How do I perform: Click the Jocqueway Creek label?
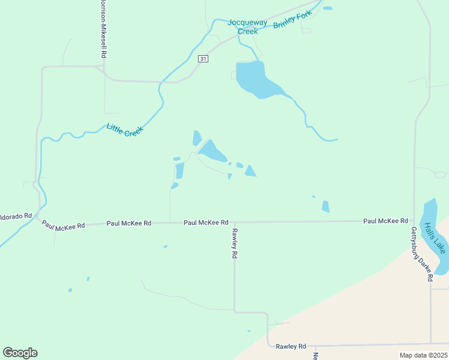click(243, 27)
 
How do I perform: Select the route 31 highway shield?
click(203, 59)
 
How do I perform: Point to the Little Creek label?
click(125, 130)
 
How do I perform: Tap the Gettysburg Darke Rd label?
click(422, 254)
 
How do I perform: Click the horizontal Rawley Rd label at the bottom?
click(291, 346)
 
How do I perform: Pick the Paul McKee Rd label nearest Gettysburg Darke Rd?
click(385, 221)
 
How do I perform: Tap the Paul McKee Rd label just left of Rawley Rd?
click(206, 222)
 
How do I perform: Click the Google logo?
click(20, 353)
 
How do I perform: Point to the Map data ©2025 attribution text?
click(423, 355)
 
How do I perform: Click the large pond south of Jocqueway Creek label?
click(256, 80)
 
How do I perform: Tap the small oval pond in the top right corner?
click(328, 8)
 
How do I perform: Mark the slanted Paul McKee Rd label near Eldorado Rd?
click(64, 226)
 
